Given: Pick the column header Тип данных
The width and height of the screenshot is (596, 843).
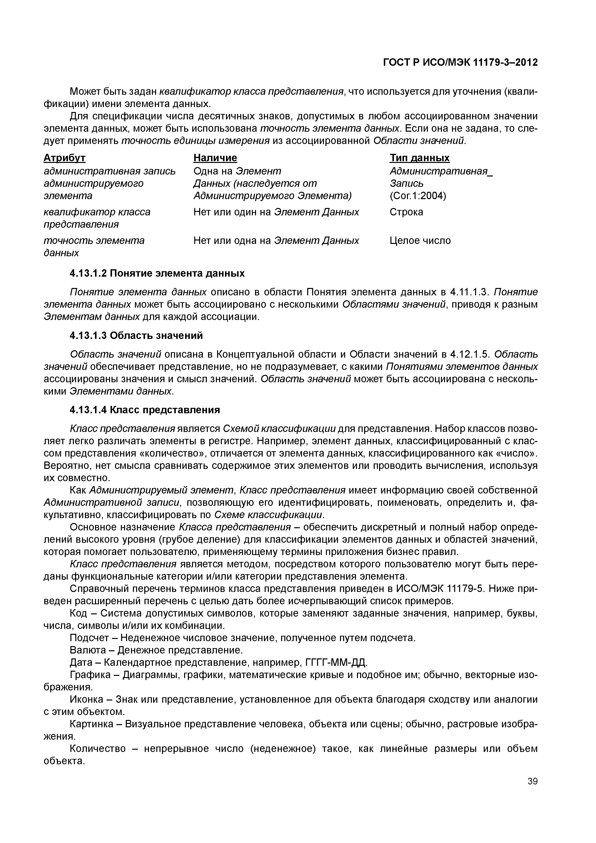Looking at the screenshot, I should coord(419,158).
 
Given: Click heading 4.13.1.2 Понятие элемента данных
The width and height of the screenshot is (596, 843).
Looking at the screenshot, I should coord(157,273).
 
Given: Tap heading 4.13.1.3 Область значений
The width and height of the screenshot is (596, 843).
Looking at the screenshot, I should coord(136,335).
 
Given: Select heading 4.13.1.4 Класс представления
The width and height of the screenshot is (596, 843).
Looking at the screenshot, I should coord(145,410).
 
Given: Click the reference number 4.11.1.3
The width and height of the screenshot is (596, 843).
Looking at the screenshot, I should coord(469,292).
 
